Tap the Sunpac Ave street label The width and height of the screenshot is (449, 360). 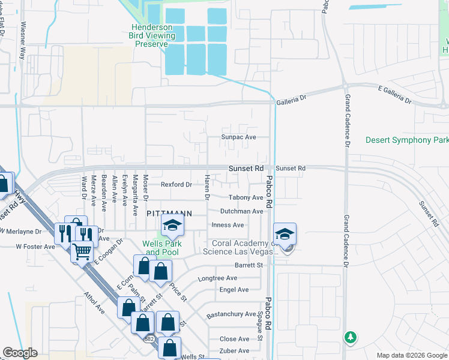tap(239, 137)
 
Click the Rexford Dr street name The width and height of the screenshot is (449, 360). tap(176, 184)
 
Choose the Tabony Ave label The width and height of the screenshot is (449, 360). tap(246, 197)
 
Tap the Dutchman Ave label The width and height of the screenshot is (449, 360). tap(241, 211)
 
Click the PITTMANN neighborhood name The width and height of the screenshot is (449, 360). tap(170, 213)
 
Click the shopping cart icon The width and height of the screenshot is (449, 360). tap(82, 253)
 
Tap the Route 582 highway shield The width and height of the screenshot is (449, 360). tap(149, 338)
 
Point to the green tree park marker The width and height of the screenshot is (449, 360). tap(350, 338)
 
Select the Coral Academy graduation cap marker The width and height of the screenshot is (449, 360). tap(285, 234)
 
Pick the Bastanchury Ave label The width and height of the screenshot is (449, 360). tap(231, 314)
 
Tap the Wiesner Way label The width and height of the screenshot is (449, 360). tap(23, 40)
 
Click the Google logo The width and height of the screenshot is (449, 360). tap(20, 353)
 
